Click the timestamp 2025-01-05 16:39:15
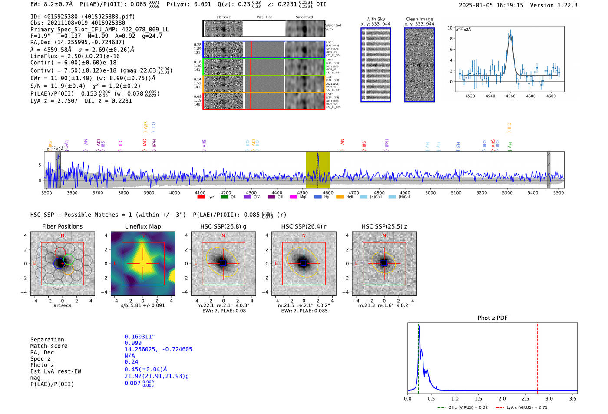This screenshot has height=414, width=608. click(491, 5)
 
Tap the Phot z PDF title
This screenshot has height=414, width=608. click(492, 318)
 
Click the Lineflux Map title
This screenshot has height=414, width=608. click(143, 226)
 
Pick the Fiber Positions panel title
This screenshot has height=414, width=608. click(62, 226)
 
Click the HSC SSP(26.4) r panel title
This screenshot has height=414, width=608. click(304, 226)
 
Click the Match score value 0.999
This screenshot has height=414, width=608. click(133, 343)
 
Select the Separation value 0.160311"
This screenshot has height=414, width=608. click(139, 337)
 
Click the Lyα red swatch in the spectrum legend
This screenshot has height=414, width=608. click(201, 197)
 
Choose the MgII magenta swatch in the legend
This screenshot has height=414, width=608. click(293, 197)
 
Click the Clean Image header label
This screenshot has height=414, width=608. click(419, 19)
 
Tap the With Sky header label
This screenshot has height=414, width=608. click(375, 19)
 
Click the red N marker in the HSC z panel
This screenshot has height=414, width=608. click(384, 236)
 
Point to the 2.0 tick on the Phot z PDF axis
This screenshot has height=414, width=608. click(502, 398)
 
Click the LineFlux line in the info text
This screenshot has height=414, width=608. click(75, 56)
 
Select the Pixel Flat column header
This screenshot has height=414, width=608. click(264, 17)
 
